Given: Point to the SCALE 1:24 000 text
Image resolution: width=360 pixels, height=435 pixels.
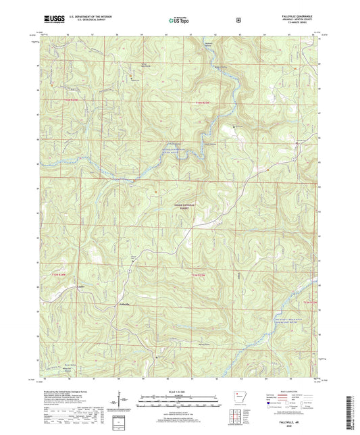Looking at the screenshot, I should pyautogui.click(x=179, y=392).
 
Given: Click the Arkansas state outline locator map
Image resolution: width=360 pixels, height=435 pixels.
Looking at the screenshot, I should pyautogui.click(x=238, y=396).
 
